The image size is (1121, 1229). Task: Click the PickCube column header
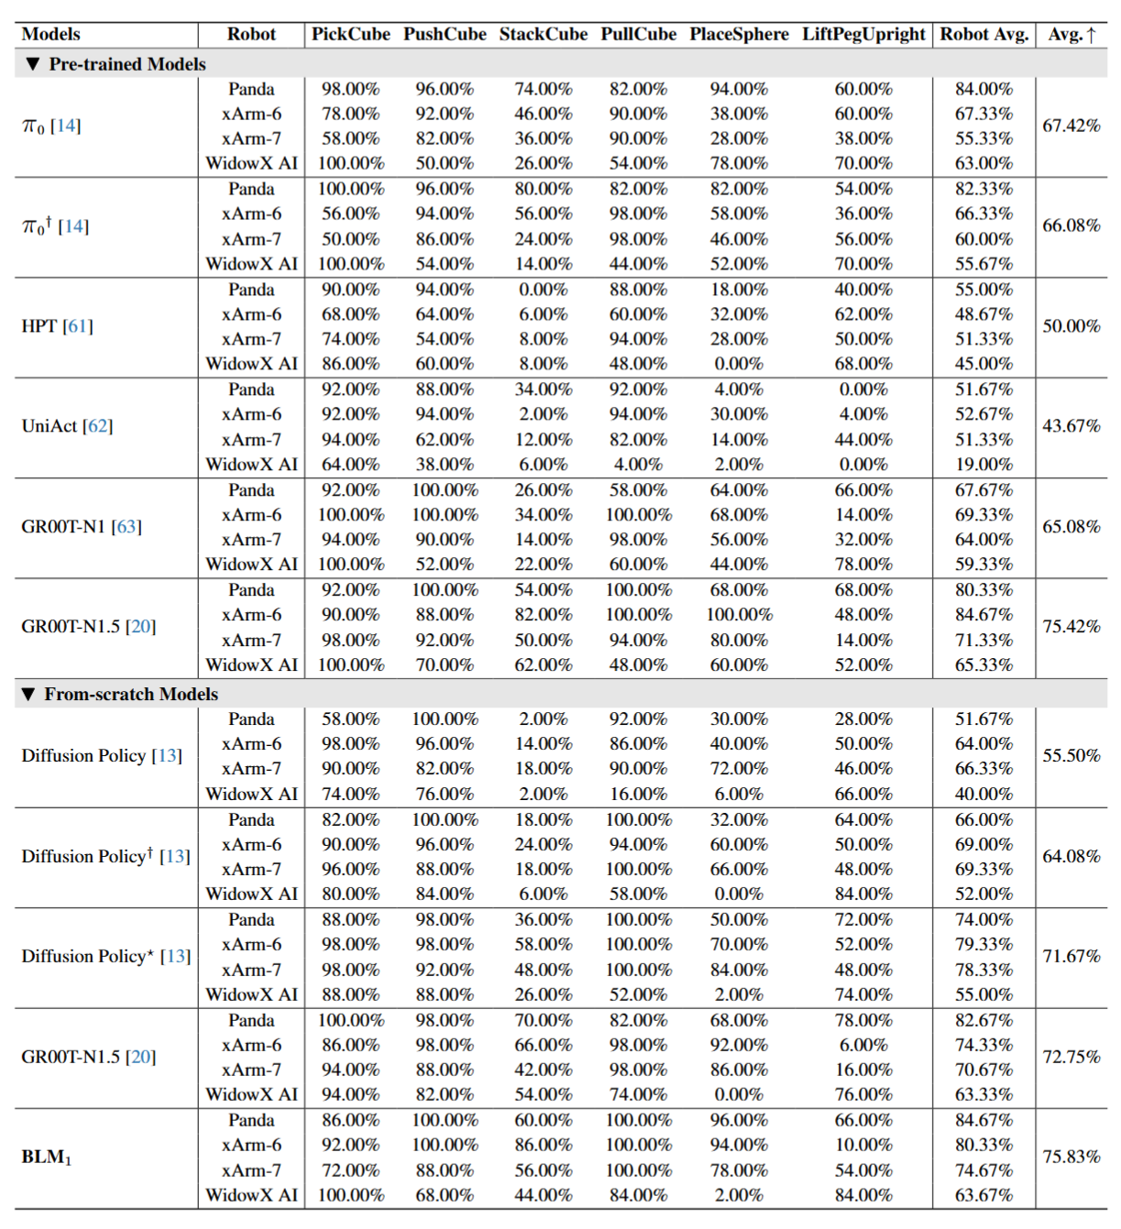pyautogui.click(x=350, y=34)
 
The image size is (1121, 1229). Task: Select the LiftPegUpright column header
pyautogui.click(x=863, y=34)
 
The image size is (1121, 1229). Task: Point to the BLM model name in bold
pyautogui.click(x=46, y=1157)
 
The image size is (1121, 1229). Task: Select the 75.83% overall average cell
pyautogui.click(x=1071, y=1157)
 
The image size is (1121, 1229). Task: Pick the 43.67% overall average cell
pyautogui.click(x=1071, y=426)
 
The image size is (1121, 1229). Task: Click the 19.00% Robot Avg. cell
pyautogui.click(x=984, y=465)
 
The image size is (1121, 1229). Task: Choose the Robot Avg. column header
pyautogui.click(x=984, y=34)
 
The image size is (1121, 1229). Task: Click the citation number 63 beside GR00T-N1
pyautogui.click(x=126, y=527)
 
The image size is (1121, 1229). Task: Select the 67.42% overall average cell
pyautogui.click(x=1071, y=126)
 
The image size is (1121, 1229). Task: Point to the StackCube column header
pyautogui.click(x=543, y=34)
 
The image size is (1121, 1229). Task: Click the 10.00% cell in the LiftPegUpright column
pyautogui.click(x=863, y=1145)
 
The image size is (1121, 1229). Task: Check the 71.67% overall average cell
pyautogui.click(x=1071, y=956)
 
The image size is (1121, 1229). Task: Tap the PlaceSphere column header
pyautogui.click(x=739, y=34)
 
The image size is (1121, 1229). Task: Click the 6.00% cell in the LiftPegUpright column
pyautogui.click(x=863, y=1045)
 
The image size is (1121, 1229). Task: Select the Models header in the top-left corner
pyautogui.click(x=50, y=34)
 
